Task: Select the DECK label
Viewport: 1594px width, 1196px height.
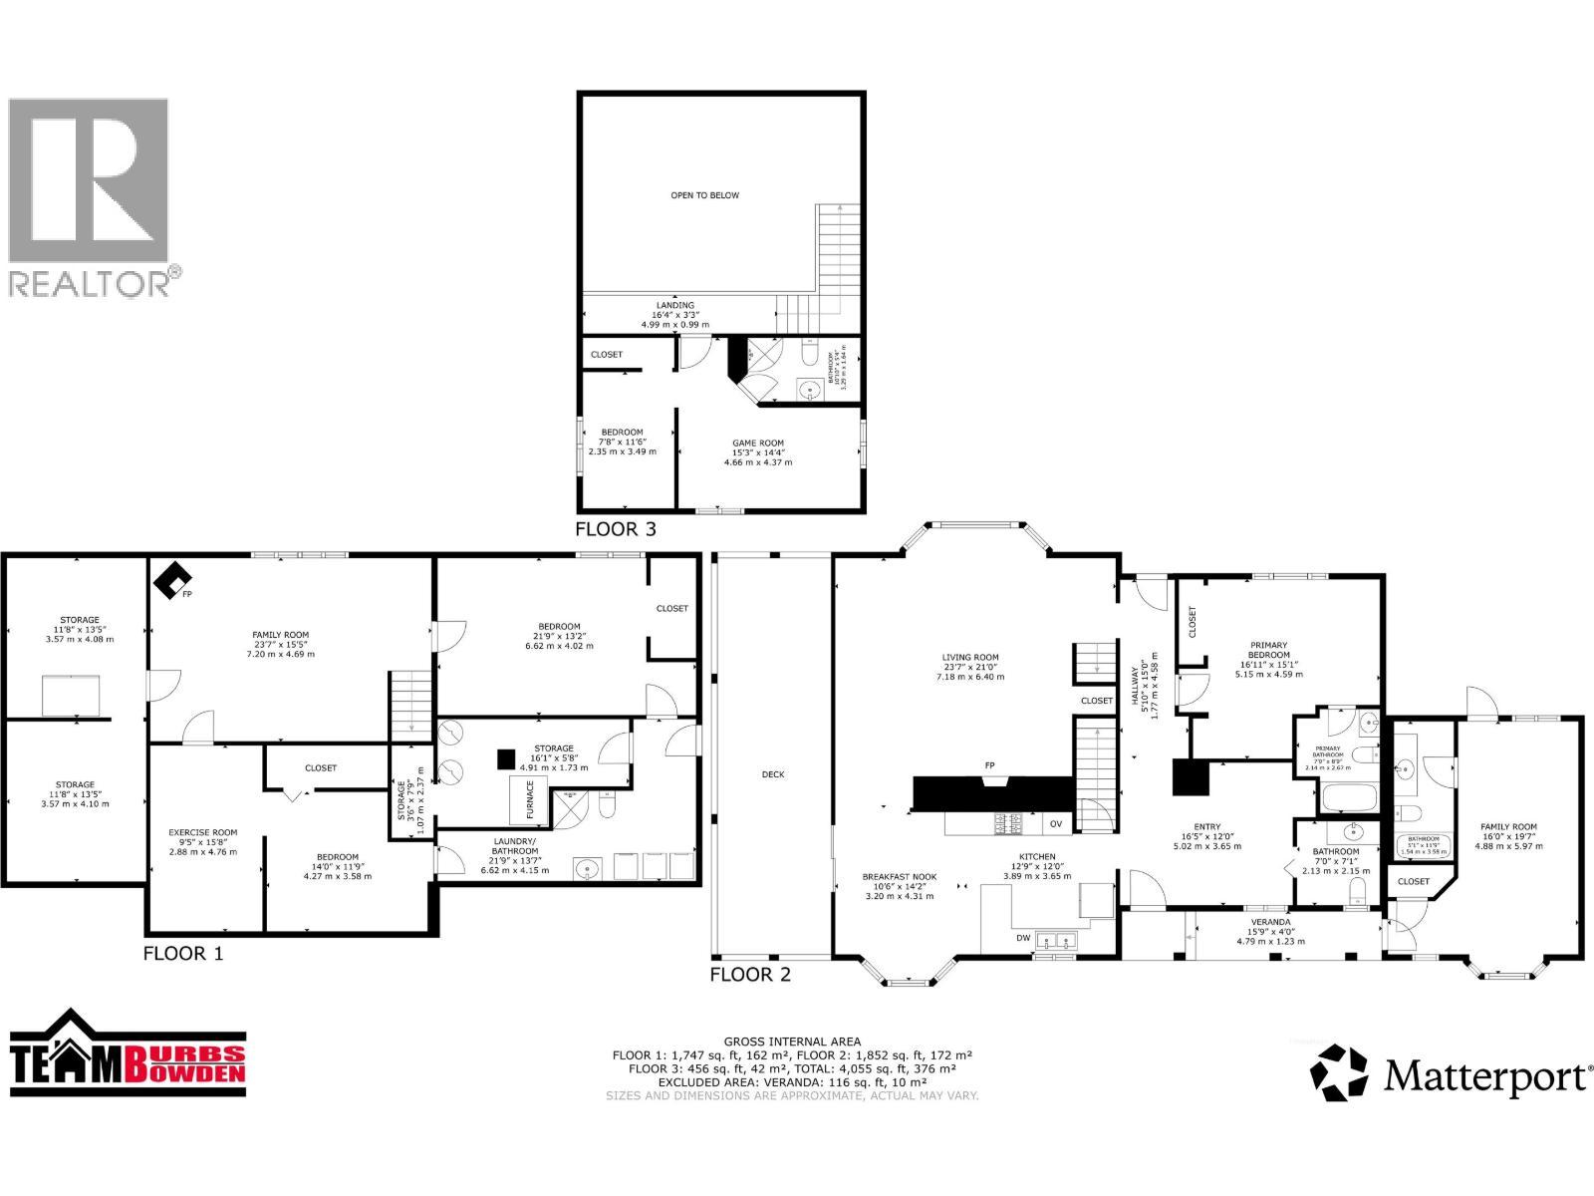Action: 773,774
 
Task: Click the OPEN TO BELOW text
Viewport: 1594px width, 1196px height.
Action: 704,195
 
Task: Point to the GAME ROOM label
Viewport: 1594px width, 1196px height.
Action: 758,444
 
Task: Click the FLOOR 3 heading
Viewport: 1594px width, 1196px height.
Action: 616,529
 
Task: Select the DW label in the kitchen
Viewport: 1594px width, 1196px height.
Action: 1023,938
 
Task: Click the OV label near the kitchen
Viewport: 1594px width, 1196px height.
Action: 1055,824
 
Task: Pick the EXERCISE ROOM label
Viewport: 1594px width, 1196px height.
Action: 202,832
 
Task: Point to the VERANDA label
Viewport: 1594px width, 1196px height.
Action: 1270,922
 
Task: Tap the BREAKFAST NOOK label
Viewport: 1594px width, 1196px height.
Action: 900,877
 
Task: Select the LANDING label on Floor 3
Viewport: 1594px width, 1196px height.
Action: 674,305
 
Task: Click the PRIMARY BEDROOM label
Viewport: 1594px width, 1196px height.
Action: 1269,650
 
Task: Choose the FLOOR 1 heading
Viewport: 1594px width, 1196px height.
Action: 183,953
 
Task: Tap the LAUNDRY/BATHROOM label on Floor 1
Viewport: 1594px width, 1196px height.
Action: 514,846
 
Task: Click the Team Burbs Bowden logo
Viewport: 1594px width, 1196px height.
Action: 128,1055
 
